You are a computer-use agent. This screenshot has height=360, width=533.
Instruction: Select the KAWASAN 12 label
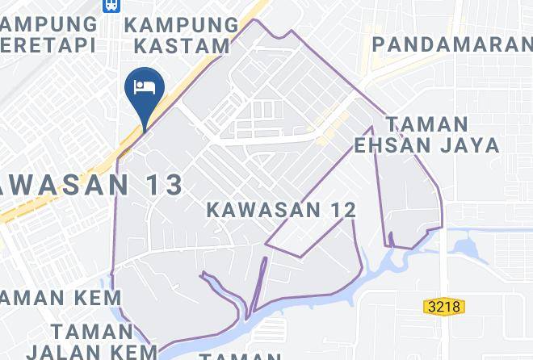coord(281,210)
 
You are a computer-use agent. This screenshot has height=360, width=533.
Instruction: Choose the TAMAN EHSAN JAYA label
coord(427,136)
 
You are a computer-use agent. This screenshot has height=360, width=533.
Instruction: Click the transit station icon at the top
coord(110,5)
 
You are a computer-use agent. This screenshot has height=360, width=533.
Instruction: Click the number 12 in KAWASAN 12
coord(342,210)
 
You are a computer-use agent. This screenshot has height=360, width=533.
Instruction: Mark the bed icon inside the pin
coord(145,86)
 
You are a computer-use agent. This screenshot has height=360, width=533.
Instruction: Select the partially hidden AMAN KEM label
coord(60,298)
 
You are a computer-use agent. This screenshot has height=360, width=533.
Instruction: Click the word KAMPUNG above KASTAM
coord(182,24)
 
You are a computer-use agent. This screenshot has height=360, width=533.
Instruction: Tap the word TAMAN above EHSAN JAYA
coord(427,124)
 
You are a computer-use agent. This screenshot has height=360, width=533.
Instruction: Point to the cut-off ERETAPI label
coord(48,44)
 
